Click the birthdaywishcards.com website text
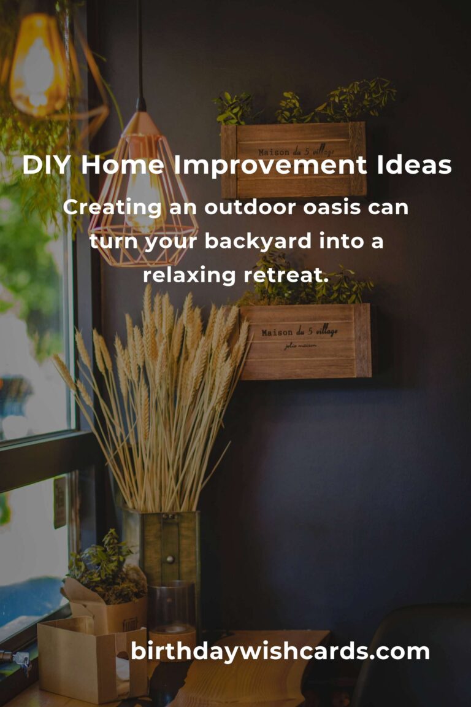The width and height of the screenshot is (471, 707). (x=280, y=652)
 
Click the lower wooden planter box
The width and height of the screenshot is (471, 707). (x=305, y=341)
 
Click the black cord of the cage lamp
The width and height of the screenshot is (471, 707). (x=140, y=49)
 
